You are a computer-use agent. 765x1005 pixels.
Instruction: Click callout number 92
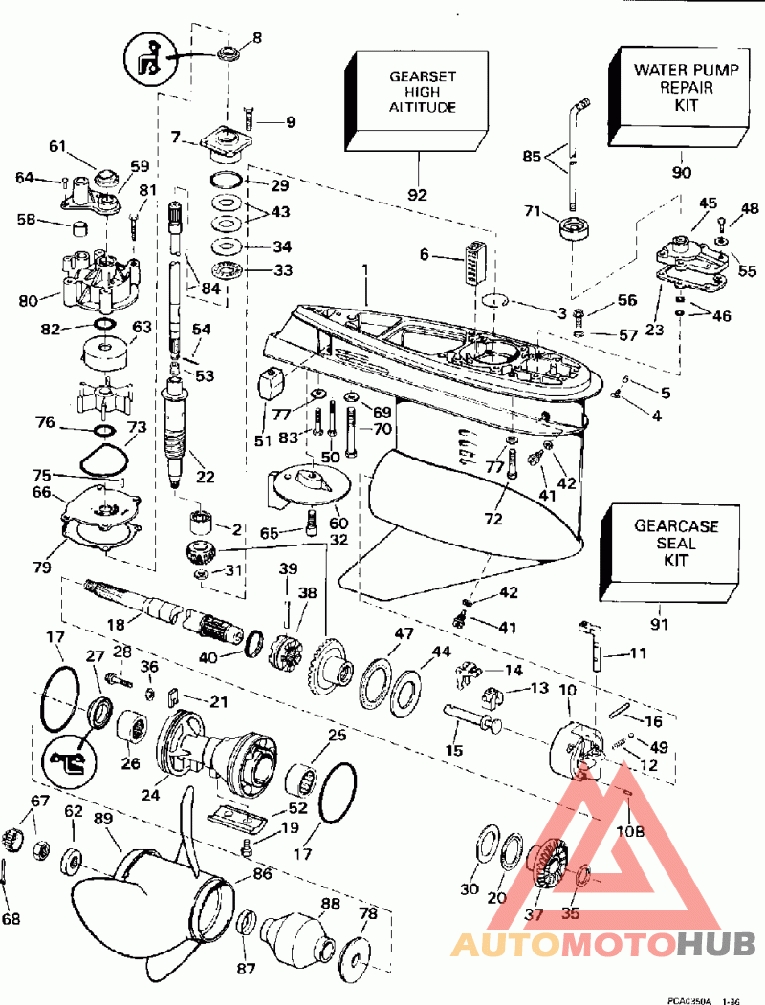coord(418,195)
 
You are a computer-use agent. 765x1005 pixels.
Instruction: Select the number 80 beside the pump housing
coord(27,299)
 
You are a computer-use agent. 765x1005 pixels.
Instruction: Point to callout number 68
coord(11,919)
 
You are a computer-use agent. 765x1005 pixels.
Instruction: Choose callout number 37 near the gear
coord(533,914)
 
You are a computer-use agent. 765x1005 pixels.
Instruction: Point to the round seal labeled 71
coord(574,230)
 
